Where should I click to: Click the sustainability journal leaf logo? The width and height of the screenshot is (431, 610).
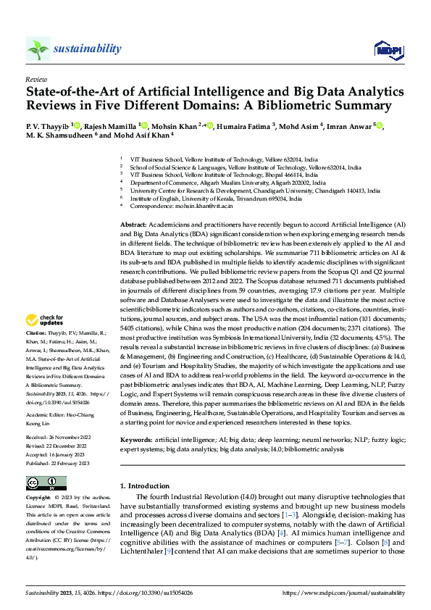38,49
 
